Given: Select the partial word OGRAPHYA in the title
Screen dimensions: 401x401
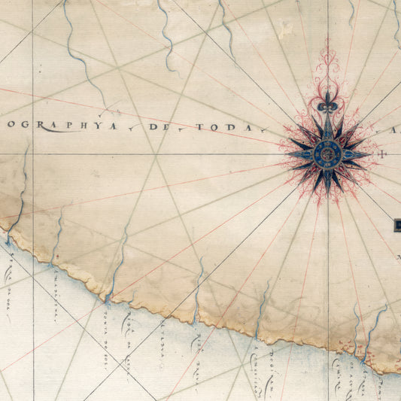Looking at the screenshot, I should tap(60, 126).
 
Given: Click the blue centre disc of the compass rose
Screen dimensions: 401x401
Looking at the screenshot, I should tap(328, 155).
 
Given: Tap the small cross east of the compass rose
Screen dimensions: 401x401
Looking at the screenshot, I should tap(384, 156).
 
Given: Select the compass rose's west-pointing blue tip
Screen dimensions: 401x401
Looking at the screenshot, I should tap(290, 155).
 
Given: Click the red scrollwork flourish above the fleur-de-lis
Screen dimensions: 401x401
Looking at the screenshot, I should tap(328, 68).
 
